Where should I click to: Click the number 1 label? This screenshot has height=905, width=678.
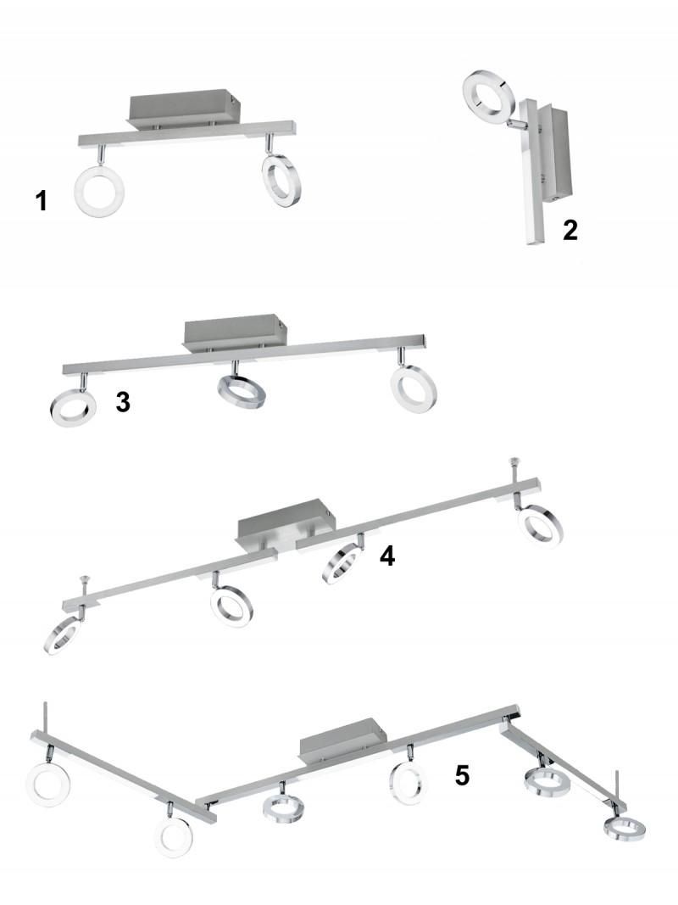41,201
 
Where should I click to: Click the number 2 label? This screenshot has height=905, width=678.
570,231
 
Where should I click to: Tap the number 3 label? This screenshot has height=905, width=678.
123,402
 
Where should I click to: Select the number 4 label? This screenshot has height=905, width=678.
387,556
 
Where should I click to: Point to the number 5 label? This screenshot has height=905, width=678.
462,776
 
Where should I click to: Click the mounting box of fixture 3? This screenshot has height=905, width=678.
234,333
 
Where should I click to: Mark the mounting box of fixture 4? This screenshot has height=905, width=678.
286,525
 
